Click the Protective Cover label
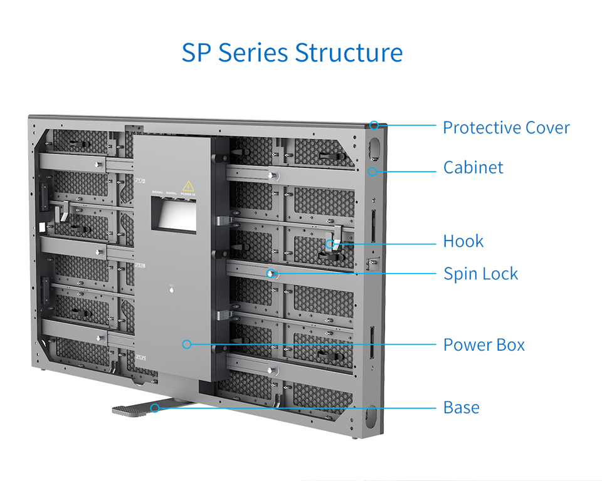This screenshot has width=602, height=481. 506,128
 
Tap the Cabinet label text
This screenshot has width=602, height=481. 473,168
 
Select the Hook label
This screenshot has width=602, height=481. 463,241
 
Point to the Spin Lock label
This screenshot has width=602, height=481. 480,274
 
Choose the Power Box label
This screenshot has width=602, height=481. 483,345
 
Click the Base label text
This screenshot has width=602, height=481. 461,408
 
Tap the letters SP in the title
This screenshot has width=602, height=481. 196,53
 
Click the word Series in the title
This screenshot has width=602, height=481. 253,53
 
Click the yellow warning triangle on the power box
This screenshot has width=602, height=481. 187,186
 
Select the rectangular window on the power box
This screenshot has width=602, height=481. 174,215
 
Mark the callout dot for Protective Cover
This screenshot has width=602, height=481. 374,125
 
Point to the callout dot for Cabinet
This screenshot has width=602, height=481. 372,170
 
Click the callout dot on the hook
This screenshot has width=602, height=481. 329,243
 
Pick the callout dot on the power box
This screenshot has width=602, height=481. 186,344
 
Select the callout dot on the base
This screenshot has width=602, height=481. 155,408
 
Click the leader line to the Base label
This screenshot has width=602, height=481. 301,408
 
